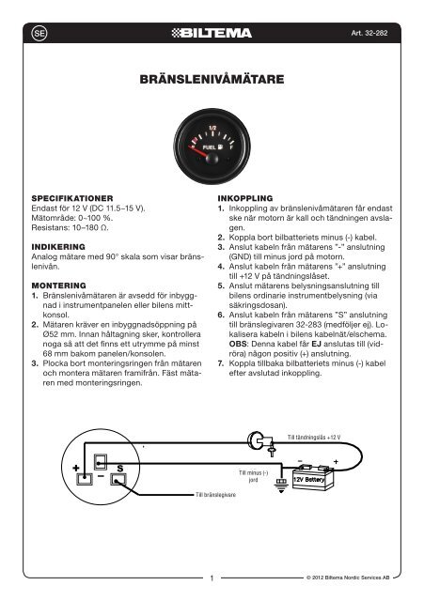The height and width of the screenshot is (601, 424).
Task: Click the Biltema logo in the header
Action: [x=212, y=33]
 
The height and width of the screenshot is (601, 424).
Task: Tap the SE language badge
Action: [x=39, y=34]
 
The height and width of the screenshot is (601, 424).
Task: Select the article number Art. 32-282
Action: [x=369, y=33]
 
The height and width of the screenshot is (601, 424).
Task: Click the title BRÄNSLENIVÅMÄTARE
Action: [x=212, y=79]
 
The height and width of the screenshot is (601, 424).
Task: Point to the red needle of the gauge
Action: [x=200, y=151]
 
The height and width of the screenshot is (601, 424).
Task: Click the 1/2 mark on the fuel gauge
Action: [x=212, y=128]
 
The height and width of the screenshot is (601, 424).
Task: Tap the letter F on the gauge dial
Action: [x=231, y=146]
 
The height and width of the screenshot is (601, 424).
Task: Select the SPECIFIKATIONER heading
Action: [x=72, y=198]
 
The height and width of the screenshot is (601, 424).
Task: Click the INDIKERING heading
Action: [x=58, y=247]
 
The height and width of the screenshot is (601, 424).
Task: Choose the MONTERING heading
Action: [x=58, y=285]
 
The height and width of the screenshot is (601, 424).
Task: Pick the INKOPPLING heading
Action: [x=245, y=198]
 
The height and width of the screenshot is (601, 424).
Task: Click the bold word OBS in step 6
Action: [x=238, y=344]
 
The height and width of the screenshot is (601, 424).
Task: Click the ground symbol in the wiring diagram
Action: [x=281, y=485]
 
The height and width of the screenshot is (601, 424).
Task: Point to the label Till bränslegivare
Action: [x=215, y=495]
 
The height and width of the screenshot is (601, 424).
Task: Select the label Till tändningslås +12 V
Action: [x=314, y=438]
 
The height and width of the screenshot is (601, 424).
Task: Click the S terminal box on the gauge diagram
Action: [x=118, y=479]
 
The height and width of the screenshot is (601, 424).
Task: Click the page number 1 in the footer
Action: [x=212, y=578]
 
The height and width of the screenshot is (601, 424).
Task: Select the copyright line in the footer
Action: [x=348, y=578]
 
